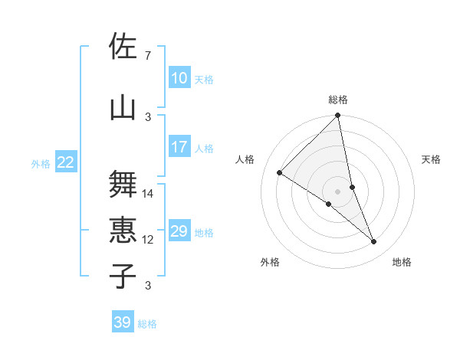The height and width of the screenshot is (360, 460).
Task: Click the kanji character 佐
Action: coord(123,47)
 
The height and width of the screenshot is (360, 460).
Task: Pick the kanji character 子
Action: coord(123,276)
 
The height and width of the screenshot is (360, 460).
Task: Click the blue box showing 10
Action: coord(179,78)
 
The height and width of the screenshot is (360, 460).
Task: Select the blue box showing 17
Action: coord(179,147)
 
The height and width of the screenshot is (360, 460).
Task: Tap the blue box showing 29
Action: coord(179,231)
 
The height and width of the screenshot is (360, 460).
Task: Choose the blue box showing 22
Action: coord(66,162)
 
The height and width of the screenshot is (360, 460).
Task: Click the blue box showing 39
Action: coord(123,322)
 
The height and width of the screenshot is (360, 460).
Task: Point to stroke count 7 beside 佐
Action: coord(147,55)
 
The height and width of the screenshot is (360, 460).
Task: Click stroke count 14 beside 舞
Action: coord(148,193)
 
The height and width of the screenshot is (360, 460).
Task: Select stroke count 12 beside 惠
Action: coord(148,239)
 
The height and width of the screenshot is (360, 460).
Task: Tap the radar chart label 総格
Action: coord(338,100)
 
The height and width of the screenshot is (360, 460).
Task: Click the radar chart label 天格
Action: coord(431,159)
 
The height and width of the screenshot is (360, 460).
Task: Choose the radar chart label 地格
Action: coord(402,262)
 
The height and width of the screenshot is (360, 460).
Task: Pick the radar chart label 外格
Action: coord(270,262)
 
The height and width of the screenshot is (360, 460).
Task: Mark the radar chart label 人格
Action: coord(245,159)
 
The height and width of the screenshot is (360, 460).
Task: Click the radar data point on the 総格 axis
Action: coord(338,116)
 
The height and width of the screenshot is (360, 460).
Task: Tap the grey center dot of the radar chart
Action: coord(338,191)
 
